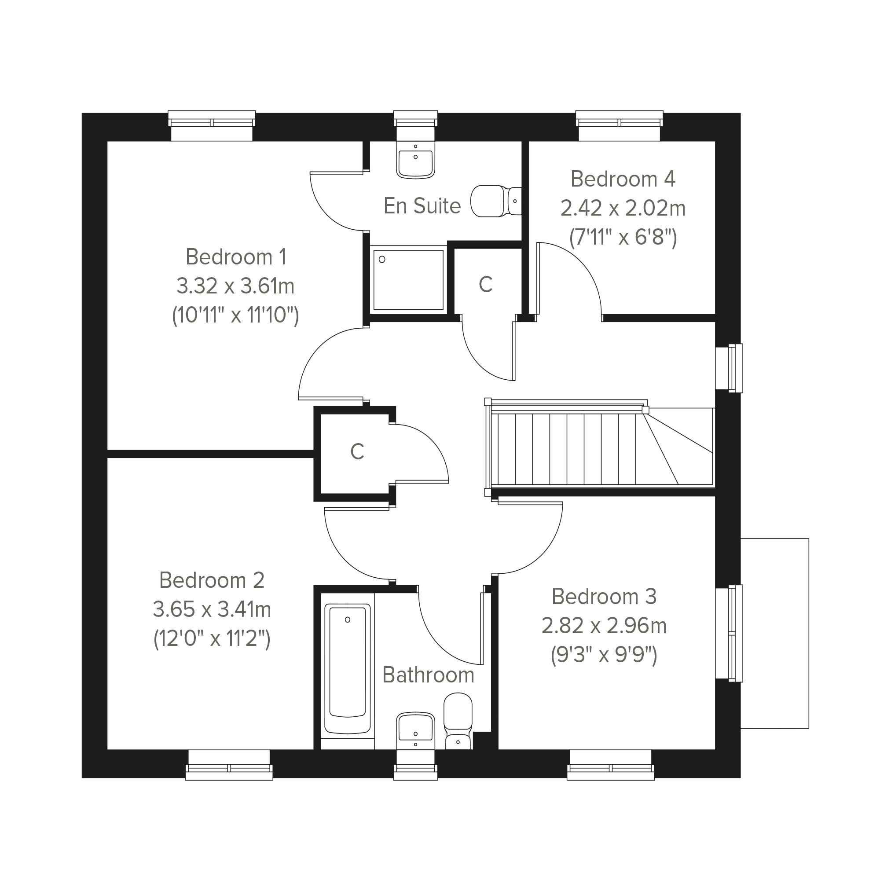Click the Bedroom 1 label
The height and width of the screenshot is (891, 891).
tap(236, 257)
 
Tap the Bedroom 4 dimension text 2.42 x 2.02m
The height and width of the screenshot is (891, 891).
tap(623, 209)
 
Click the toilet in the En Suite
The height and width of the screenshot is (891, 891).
tap(496, 201)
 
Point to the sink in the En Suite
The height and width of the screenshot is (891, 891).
tap(415, 159)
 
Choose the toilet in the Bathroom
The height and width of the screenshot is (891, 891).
tap(458, 721)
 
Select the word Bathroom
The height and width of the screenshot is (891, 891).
tap(428, 675)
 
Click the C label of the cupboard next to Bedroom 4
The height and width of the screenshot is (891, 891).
tap(486, 285)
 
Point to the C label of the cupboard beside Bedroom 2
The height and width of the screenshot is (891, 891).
tap(357, 451)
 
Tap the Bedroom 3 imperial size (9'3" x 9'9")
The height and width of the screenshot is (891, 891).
tap(604, 654)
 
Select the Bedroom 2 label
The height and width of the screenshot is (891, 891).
tap(212, 580)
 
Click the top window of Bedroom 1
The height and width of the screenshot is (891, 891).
tap(212, 125)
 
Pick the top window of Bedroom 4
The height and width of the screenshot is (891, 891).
tap(620, 125)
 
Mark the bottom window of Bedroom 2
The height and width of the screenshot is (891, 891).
tap(229, 765)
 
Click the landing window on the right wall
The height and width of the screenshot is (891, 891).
tap(729, 368)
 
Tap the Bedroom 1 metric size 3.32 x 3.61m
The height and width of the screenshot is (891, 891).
tap(235, 286)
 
